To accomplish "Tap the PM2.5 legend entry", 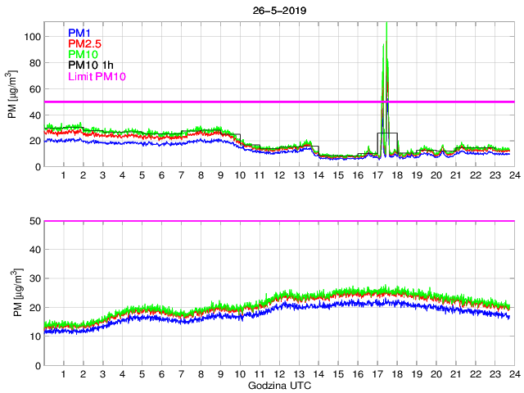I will coord(85,44).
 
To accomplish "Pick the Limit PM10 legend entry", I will coord(96,76).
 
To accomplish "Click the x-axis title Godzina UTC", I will coord(278,385).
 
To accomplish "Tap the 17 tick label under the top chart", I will coord(377,175).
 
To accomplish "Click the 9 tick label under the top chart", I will coord(220,175).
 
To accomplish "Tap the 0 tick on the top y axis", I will coord(37,166).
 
